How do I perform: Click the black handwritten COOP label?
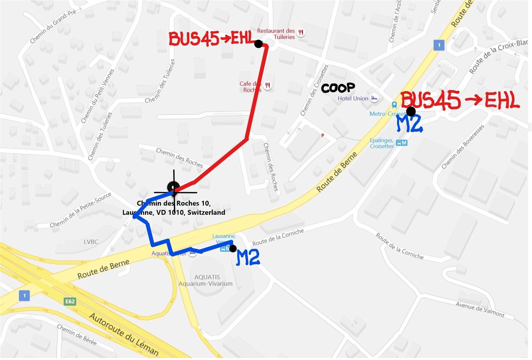[338, 88]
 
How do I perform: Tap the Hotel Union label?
[353, 98]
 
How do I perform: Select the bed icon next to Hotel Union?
[374, 98]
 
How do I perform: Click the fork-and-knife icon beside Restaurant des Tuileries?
[301, 33]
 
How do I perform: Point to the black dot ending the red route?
[258, 44]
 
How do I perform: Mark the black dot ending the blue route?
[233, 248]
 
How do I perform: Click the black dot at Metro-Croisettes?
[411, 111]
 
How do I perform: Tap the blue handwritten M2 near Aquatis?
[248, 258]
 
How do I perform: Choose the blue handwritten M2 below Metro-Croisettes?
[409, 124]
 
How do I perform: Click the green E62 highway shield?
[70, 301]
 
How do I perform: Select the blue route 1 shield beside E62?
[24, 296]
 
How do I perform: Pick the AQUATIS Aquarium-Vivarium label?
[206, 280]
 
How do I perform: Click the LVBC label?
[91, 242]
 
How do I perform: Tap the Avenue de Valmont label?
[480, 309]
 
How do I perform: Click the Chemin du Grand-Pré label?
[53, 26]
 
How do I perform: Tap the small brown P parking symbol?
[322, 135]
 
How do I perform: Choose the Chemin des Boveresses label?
[463, 147]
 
